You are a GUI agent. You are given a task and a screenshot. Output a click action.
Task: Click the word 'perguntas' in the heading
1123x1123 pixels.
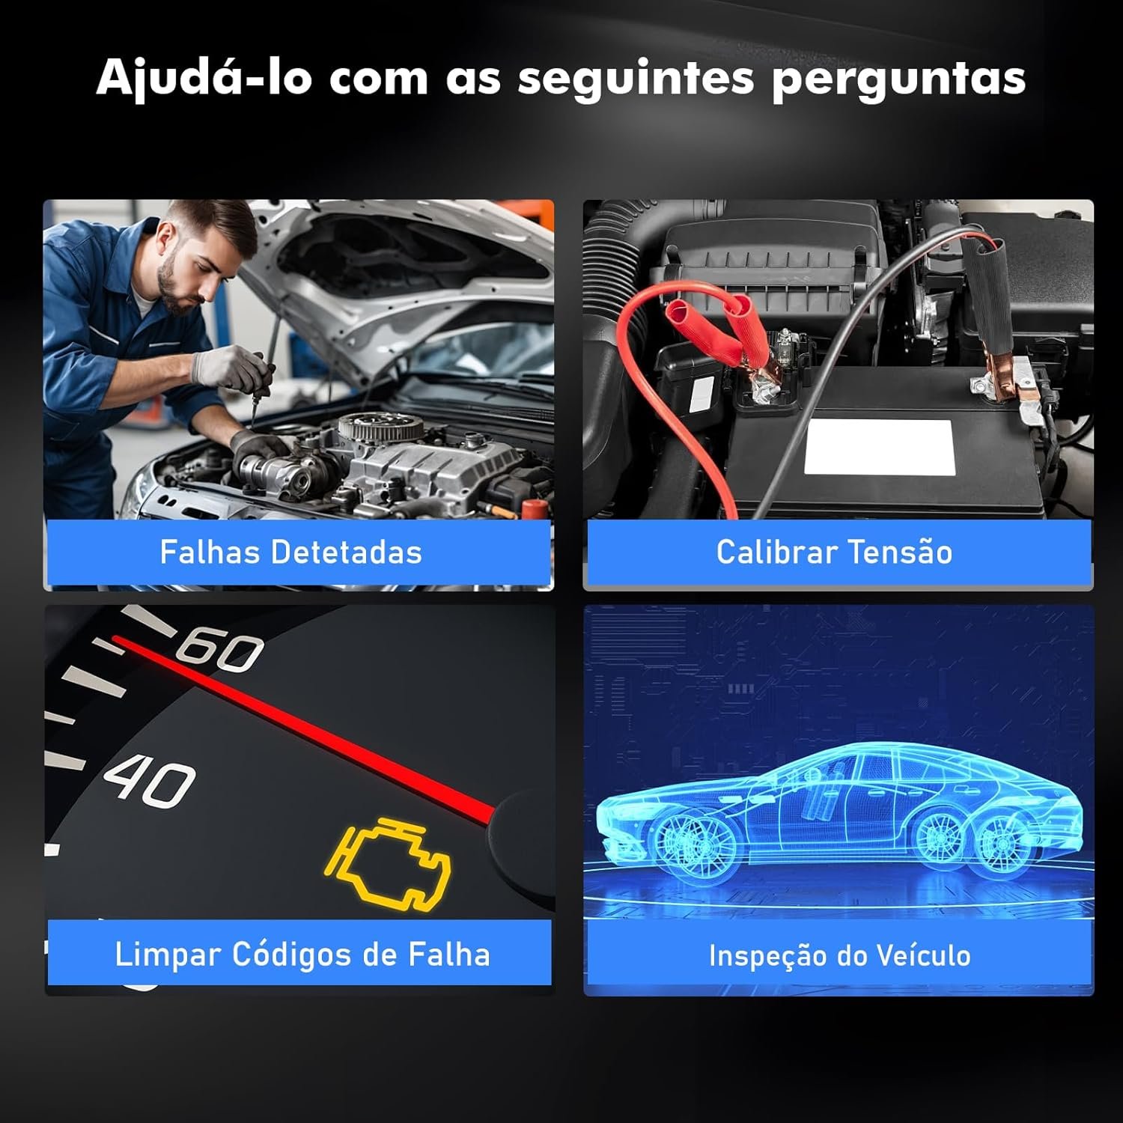898,79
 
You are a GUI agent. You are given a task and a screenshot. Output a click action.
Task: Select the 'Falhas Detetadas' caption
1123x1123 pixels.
290,553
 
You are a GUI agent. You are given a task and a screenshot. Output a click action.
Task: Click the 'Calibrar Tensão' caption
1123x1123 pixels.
834,553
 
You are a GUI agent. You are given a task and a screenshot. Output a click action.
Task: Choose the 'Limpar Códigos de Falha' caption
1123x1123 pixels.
302,955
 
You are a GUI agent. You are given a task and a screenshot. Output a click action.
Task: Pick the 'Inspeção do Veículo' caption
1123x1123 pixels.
839,956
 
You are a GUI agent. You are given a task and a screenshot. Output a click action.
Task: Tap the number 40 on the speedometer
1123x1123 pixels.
150,783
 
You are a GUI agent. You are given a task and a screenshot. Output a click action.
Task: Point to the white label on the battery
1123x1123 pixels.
877,447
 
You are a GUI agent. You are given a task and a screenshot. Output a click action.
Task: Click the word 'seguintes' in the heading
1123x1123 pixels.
636,79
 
